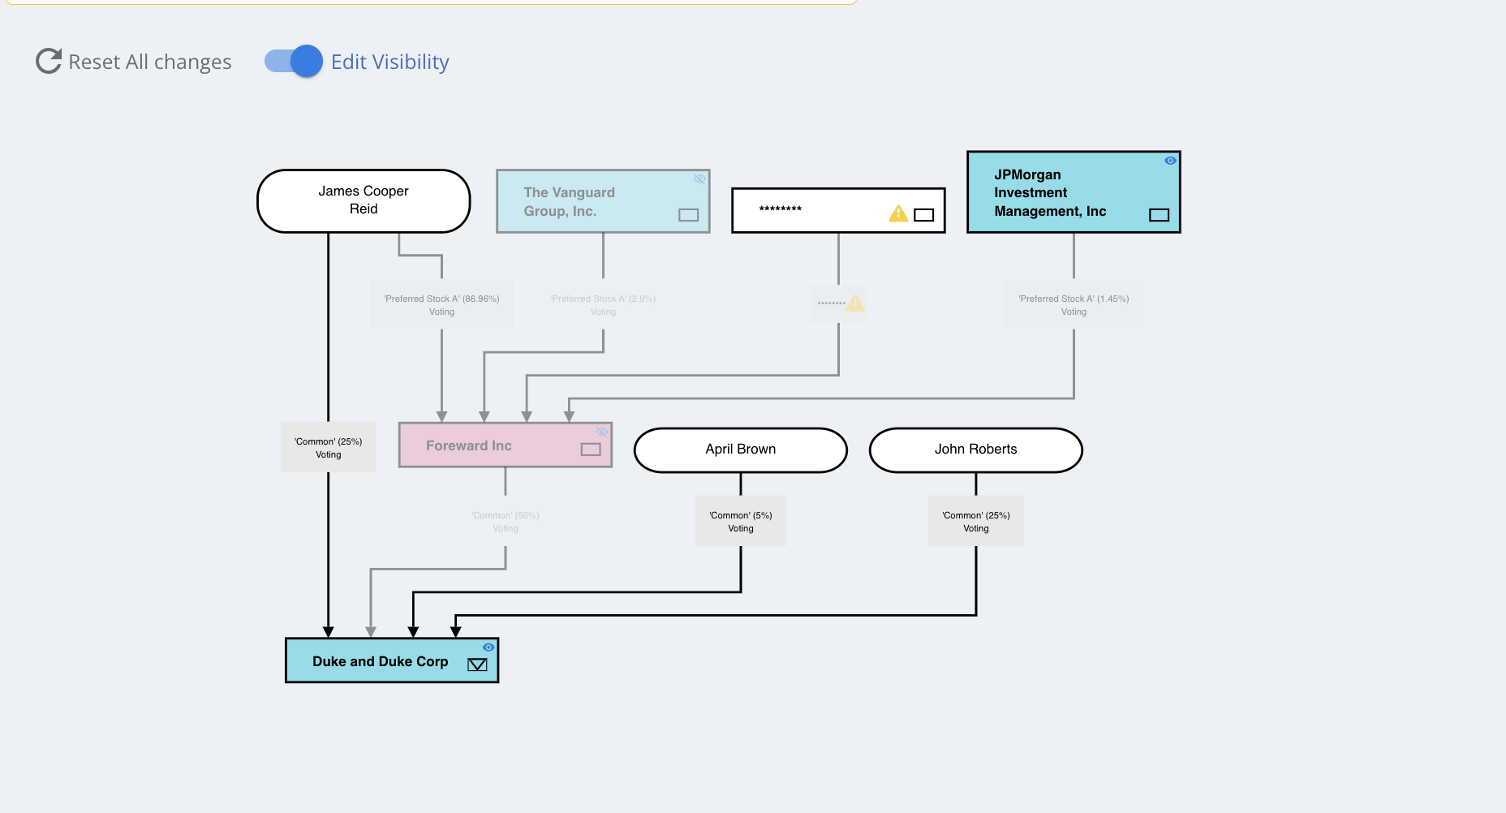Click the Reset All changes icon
pyautogui.click(x=49, y=61)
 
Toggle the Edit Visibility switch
pyautogui.click(x=294, y=61)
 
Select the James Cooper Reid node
pyautogui.click(x=364, y=200)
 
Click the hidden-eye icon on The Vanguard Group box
pyautogui.click(x=699, y=179)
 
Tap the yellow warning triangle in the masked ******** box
pyautogui.click(x=898, y=213)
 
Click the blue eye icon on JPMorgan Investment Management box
pyautogui.click(x=1170, y=161)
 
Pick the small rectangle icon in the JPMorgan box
pyautogui.click(x=1159, y=215)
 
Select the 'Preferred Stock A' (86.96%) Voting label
pyautogui.click(x=441, y=305)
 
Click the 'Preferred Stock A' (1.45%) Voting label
pyautogui.click(x=1074, y=305)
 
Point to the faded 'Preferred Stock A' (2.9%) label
pyautogui.click(x=603, y=305)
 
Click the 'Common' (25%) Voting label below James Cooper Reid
pyautogui.click(x=329, y=448)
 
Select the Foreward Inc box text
pyautogui.click(x=468, y=445)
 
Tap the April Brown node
pyautogui.click(x=740, y=450)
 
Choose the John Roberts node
pyautogui.click(x=975, y=450)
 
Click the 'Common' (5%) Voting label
pyautogui.click(x=740, y=522)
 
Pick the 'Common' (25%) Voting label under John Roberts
pyautogui.click(x=975, y=522)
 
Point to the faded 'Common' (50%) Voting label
pyautogui.click(x=506, y=522)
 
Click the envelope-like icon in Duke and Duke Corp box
pyautogui.click(x=477, y=665)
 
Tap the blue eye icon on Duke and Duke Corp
pyautogui.click(x=488, y=647)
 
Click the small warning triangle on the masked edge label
pyautogui.click(x=855, y=303)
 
